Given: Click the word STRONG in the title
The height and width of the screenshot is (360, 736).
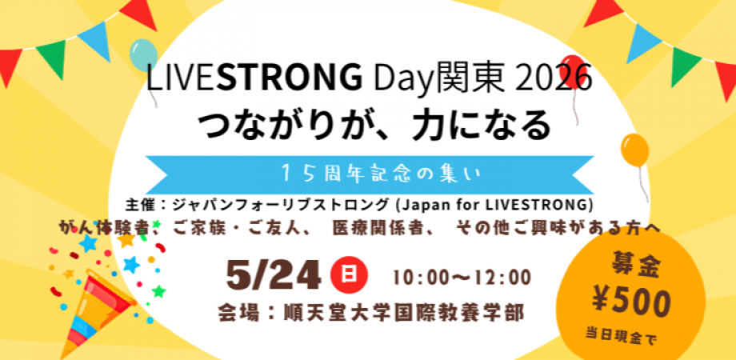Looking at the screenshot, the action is [x=289, y=78].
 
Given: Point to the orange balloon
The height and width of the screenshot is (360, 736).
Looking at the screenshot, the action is [x=634, y=150].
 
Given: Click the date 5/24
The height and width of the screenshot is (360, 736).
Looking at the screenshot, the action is [x=273, y=277].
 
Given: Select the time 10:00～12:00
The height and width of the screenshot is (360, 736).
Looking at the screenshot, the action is [x=462, y=278].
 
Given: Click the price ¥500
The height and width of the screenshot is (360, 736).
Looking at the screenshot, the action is [x=630, y=302].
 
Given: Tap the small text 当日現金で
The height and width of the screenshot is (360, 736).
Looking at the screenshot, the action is [x=621, y=337].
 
